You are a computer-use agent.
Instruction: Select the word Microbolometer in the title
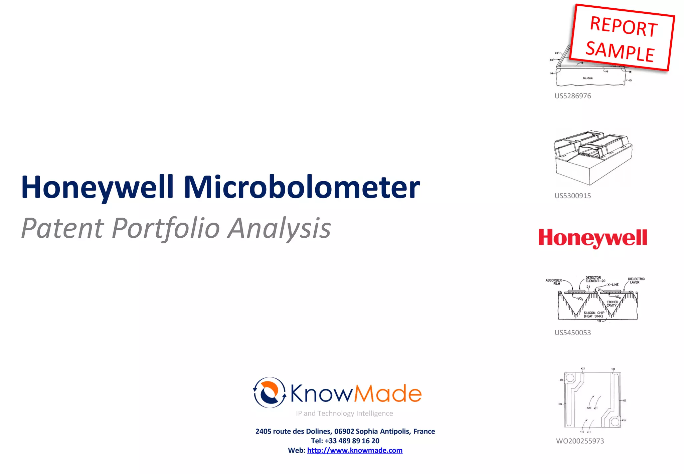click(x=302, y=187)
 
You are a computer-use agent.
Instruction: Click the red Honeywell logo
click(x=592, y=238)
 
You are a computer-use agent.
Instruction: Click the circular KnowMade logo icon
click(x=269, y=392)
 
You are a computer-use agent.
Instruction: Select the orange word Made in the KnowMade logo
click(x=388, y=393)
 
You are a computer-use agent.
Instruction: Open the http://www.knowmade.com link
click(x=355, y=450)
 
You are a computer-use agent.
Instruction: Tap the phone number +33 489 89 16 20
click(x=352, y=441)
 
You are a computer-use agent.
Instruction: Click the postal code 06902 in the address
click(x=344, y=431)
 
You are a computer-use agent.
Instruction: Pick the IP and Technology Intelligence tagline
click(x=344, y=413)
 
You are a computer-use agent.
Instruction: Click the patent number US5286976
click(x=572, y=96)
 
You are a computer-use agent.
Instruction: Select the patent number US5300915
click(x=572, y=196)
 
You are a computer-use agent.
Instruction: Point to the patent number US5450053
click(x=572, y=333)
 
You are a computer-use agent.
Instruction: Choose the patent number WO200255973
click(x=580, y=441)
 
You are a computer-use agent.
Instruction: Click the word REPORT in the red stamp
click(x=624, y=26)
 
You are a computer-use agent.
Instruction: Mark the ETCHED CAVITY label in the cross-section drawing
click(x=612, y=304)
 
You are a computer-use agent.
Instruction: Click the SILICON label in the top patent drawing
click(x=587, y=78)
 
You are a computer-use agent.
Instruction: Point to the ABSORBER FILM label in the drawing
click(x=554, y=282)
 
